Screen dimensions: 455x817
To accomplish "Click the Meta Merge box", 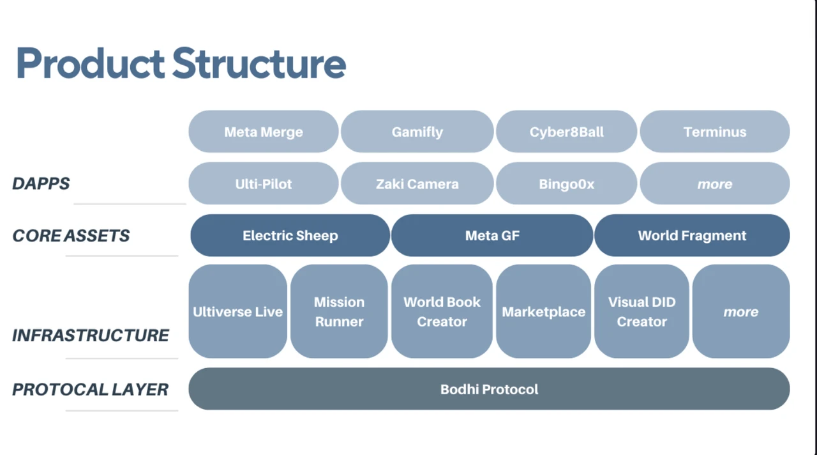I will pos(263,132).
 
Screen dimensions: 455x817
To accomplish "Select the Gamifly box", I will pos(417,132).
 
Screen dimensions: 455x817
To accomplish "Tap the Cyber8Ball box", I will pos(566,132).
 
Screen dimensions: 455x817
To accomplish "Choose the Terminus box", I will pos(714,132).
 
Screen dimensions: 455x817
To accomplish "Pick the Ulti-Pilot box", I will pos(263,184).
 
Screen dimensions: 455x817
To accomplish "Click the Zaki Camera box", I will pos(417,184).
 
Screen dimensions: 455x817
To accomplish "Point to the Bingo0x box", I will pos(566,184).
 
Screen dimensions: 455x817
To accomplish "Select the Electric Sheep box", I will pos(290,235).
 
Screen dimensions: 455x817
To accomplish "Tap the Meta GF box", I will pos(492,235).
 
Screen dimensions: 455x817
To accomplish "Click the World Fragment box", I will pos(692,235).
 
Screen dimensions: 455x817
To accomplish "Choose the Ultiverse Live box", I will pos(237,312).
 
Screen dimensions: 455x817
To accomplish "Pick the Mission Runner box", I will pos(339,312).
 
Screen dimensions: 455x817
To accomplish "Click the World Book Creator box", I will pos(442,312).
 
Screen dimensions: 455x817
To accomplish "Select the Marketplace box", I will pos(543,312).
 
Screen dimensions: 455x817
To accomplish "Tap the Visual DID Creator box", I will pos(641,312).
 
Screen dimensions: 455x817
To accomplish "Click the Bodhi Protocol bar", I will pos(489,389).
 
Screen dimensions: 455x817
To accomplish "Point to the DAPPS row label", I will pos(41,184).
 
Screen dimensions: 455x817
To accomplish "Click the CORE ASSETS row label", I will pos(71,236).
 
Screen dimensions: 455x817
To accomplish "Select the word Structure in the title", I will pos(259,63).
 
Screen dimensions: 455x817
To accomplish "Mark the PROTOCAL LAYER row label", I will pos(90,389).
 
